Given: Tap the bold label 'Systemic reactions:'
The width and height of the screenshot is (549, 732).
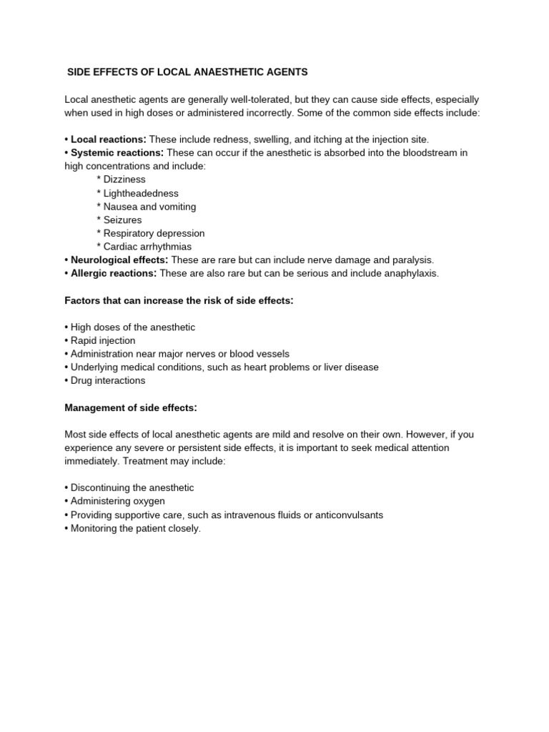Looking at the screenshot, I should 117,153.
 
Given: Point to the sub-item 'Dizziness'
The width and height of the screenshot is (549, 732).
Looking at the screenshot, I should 124,179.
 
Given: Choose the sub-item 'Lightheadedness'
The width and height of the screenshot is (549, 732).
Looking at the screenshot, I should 140,193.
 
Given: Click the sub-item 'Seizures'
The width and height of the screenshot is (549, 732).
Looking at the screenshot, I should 122,220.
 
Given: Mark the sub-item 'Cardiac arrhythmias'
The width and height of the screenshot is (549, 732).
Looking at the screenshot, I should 147,247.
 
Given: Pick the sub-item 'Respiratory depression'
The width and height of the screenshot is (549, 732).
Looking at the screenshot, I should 154,233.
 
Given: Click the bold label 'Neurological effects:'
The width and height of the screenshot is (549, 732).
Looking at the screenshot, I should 119,260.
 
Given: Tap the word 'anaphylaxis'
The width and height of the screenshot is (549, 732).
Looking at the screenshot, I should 411,273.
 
